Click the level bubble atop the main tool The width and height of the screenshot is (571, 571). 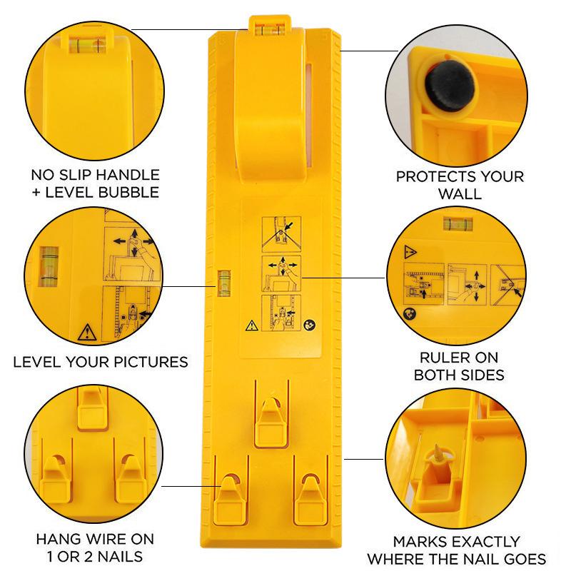[x=266, y=29]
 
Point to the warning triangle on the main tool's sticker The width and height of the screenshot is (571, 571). [x=251, y=325]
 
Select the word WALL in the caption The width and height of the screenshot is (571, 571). [x=460, y=194]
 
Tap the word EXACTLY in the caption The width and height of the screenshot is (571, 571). [x=475, y=542]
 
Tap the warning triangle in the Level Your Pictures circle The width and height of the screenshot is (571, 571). [x=86, y=332]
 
